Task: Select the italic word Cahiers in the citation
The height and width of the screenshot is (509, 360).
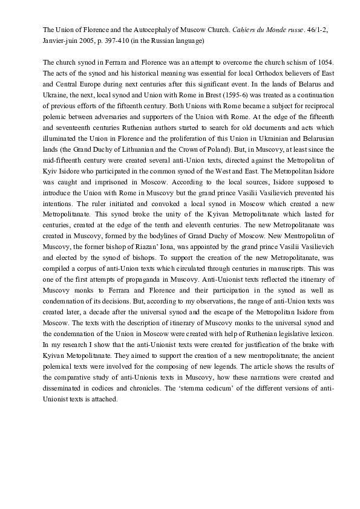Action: coord(245,29)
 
